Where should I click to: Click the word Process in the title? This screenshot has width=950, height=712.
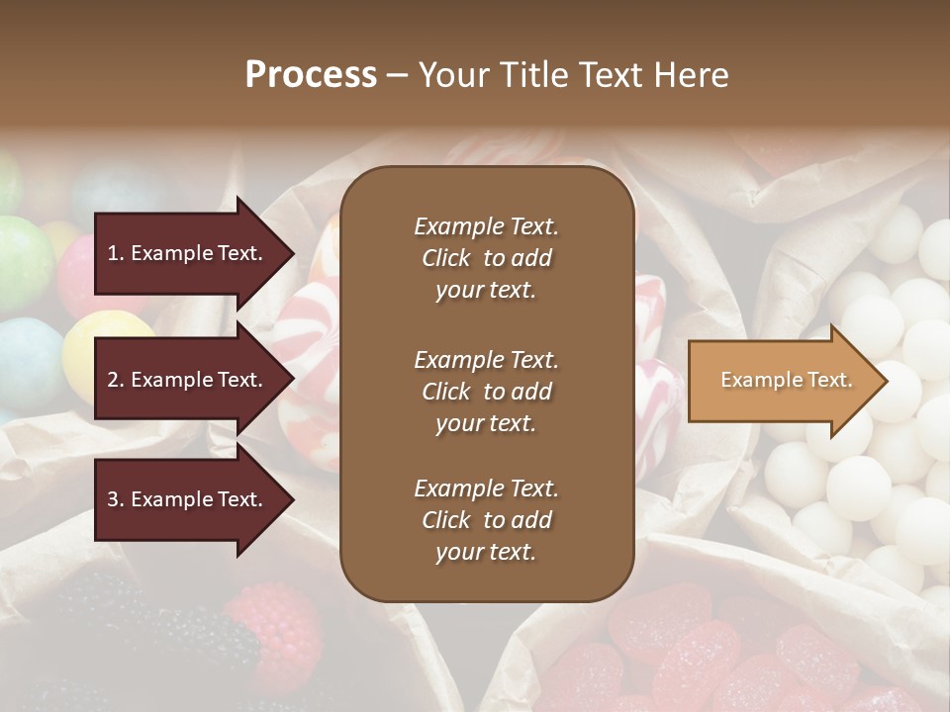[311, 75]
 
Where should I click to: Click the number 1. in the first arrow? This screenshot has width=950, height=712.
[116, 253]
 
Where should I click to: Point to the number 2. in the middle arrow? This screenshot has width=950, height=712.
[116, 380]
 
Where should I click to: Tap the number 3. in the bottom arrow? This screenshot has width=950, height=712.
[116, 500]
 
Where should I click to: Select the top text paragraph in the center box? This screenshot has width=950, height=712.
[486, 258]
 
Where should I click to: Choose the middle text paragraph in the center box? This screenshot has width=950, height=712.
[486, 392]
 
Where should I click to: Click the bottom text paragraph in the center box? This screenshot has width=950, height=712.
[486, 520]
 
